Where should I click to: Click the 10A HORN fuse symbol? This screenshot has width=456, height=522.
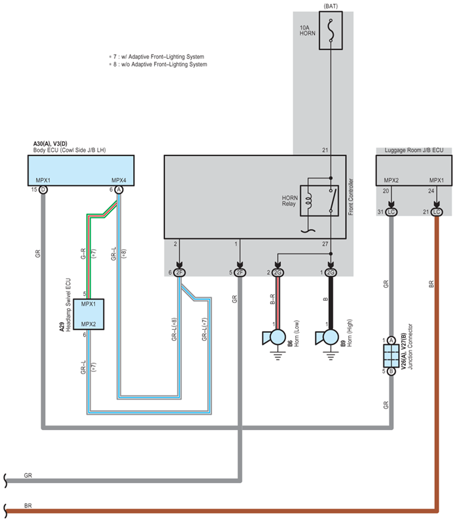pyautogui.click(x=331, y=31)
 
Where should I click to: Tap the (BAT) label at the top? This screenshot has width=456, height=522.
pyautogui.click(x=331, y=6)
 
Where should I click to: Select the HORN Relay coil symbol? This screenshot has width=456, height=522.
pyautogui.click(x=309, y=200)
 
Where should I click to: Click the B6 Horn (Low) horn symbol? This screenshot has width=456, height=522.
pyautogui.click(x=274, y=337)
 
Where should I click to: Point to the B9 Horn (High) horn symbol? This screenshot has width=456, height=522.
pyautogui.click(x=327, y=337)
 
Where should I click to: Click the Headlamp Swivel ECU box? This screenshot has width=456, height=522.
pyautogui.click(x=88, y=314)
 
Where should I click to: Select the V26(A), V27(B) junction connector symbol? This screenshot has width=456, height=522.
pyautogui.click(x=391, y=356)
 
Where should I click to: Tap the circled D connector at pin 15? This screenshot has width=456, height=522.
pyautogui.click(x=43, y=190)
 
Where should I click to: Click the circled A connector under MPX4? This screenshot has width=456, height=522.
pyautogui.click(x=119, y=190)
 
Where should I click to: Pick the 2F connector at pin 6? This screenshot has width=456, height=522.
pyautogui.click(x=179, y=273)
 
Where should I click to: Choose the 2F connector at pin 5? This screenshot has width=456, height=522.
pyautogui.click(x=240, y=273)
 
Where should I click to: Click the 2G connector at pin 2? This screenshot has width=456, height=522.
pyautogui.click(x=278, y=273)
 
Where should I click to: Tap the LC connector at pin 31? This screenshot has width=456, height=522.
pyautogui.click(x=391, y=212)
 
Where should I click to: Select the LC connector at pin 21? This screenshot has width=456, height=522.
pyautogui.click(x=436, y=212)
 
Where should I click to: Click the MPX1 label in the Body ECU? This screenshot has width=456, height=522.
pyautogui.click(x=43, y=180)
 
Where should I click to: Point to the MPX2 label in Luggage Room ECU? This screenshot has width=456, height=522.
pyautogui.click(x=391, y=180)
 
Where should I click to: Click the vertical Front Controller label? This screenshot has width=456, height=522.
pyautogui.click(x=351, y=197)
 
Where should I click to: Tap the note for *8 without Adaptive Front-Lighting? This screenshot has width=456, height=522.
pyautogui.click(x=158, y=64)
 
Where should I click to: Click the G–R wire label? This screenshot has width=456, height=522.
pyautogui.click(x=83, y=254)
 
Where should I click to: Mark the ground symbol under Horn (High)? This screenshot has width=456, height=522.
pyautogui.click(x=331, y=356)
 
